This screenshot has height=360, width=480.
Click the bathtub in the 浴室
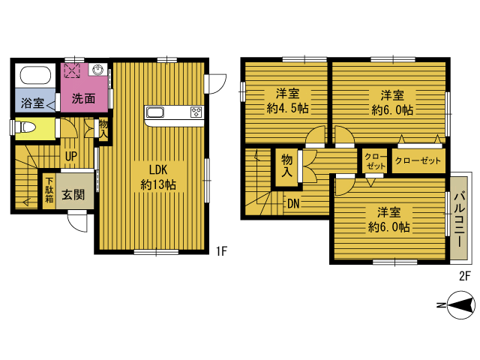pos(35,75)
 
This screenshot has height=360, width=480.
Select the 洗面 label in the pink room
pos(83,98)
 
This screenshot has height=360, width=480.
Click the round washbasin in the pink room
pos(98,70)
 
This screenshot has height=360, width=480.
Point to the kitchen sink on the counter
pos(155,112)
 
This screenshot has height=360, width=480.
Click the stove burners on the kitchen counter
pos(196,112)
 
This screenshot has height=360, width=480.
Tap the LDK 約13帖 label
pos(158,177)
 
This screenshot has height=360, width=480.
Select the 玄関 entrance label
pos(73,195)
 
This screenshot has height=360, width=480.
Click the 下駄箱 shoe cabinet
pos(49,191)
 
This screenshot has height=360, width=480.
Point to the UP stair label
pos(71,157)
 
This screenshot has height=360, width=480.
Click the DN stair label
pos(293,203)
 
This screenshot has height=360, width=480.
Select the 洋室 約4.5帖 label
pos(287,101)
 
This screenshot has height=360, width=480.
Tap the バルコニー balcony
pos(459,218)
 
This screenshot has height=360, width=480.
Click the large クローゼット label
pos(418,160)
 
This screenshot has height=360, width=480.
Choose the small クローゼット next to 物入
pos(375,161)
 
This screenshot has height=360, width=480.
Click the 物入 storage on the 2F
pos(286,166)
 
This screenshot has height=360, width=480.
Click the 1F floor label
pos(221,251)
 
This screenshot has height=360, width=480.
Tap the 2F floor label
pos(464,276)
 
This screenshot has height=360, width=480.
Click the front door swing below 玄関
pos(78,221)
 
